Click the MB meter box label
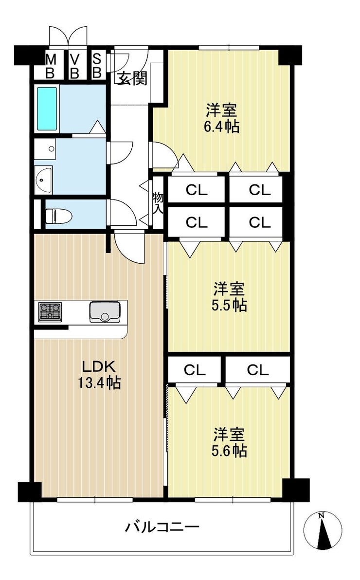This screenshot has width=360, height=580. pos(50,66)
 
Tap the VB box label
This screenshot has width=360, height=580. pos(75,66)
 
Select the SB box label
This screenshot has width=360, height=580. pos(97,66)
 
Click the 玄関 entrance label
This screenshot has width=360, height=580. pos(132,78)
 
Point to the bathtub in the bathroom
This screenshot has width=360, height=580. pos(47,109)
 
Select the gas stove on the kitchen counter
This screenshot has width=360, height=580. pos(50,311)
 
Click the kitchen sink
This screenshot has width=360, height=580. pos(105,312)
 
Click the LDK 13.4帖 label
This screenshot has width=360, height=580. pos(99,374)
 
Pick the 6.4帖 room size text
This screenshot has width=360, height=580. pos(222,127)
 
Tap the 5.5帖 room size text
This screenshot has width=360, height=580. pos(230,305)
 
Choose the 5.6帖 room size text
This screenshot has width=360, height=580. pos(230,451)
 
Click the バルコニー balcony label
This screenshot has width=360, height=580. pos(162,526)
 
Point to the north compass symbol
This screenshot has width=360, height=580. pos(323,530)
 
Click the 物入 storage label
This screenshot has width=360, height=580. pos(159,203)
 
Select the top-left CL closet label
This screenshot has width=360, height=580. pos(197,190)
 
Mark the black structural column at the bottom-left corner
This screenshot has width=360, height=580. pos(30,491)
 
